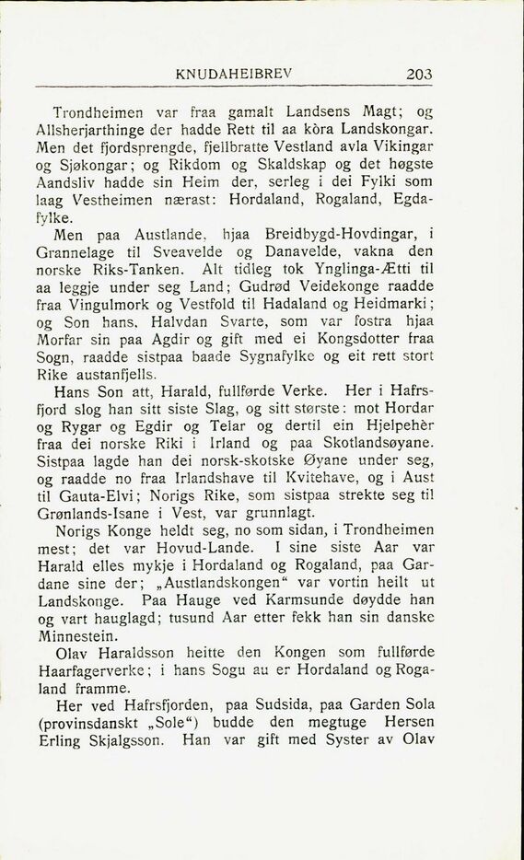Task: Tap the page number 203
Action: pyautogui.click(x=418, y=75)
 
